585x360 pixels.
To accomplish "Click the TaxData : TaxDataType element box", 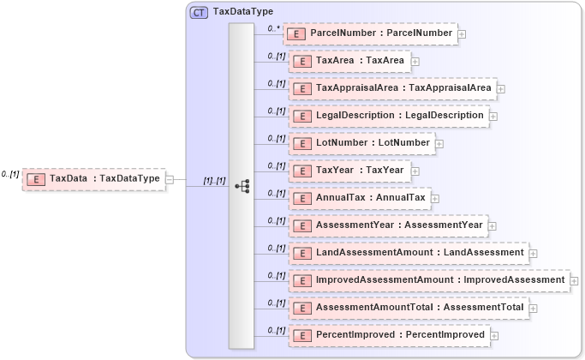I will (x=93, y=179).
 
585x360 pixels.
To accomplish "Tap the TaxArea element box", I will (x=349, y=61).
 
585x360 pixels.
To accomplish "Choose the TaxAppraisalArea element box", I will (x=393, y=88).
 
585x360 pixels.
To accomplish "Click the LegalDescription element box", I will (x=389, y=116).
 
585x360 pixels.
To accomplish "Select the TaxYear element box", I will (x=349, y=171).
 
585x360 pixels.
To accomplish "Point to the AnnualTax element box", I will (x=360, y=198).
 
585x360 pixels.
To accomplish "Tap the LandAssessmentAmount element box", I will (x=409, y=253).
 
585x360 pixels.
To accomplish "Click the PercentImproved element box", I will (x=390, y=335).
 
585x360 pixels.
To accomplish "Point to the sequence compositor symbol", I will (x=242, y=185).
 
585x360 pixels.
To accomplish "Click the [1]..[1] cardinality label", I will (x=214, y=181).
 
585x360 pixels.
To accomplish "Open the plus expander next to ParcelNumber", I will (x=462, y=34).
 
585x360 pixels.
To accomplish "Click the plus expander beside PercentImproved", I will (x=494, y=336).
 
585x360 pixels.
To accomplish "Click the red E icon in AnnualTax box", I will (x=300, y=198).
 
